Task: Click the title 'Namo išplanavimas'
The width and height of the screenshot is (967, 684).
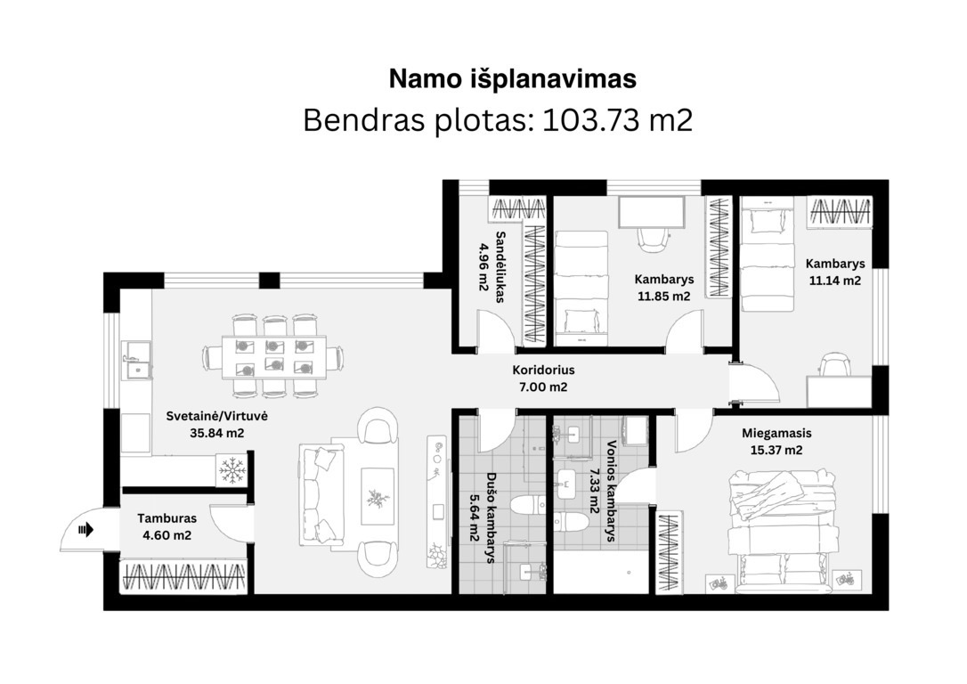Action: [513, 79]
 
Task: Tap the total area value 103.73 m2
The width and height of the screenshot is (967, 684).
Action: [617, 119]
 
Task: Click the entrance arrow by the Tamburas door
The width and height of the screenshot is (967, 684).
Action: [85, 529]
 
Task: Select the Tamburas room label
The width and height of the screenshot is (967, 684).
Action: [167, 518]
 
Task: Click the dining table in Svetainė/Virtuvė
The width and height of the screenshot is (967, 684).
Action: [274, 356]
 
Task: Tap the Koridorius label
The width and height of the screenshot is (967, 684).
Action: [543, 370]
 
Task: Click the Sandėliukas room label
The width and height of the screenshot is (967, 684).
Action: [500, 266]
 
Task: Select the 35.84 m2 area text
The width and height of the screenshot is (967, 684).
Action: [217, 433]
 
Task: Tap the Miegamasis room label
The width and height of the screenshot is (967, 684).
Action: [776, 433]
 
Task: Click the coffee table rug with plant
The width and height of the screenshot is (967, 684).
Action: [378, 496]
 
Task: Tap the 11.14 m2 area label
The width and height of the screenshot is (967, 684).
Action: [835, 281]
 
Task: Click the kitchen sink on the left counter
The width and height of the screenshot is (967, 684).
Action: [136, 360]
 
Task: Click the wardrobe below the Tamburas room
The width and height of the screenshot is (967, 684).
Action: [183, 577]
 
